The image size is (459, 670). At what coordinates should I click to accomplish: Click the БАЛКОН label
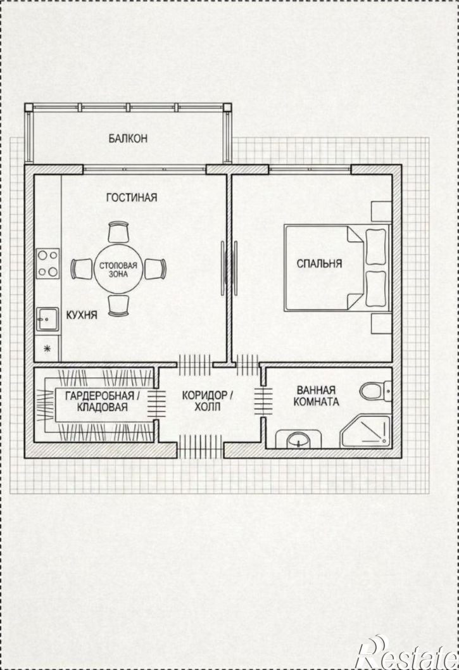(x=128, y=139)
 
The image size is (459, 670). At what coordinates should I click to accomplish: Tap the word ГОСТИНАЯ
(x=132, y=198)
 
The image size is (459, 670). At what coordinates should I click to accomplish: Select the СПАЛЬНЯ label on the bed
(x=319, y=263)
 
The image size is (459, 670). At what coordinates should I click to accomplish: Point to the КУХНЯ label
(x=82, y=315)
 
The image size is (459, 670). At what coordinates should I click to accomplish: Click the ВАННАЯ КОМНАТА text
(x=317, y=396)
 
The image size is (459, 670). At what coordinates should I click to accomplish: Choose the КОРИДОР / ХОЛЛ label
(x=208, y=401)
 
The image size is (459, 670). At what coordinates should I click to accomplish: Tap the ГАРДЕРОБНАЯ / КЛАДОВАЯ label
(x=102, y=401)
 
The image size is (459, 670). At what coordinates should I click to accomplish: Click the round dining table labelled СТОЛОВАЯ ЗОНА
(x=118, y=269)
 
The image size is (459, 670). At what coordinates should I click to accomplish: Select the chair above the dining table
(x=118, y=232)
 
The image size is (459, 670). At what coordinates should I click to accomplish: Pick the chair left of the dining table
(x=82, y=269)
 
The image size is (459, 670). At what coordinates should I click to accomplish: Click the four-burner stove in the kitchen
(x=47, y=263)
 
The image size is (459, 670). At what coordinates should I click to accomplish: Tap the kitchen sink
(x=47, y=319)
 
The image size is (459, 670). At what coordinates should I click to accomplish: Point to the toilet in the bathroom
(x=375, y=391)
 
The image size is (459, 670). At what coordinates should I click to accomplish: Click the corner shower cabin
(x=366, y=431)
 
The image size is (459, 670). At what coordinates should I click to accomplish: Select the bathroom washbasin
(x=298, y=439)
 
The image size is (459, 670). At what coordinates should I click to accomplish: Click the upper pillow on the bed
(x=376, y=247)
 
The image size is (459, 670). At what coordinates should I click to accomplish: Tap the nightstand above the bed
(x=380, y=211)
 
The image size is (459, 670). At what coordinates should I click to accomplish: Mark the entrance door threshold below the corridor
(x=201, y=447)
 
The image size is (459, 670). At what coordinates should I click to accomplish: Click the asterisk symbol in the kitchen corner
(x=47, y=349)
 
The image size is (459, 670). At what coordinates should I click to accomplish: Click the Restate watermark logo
(x=408, y=653)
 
